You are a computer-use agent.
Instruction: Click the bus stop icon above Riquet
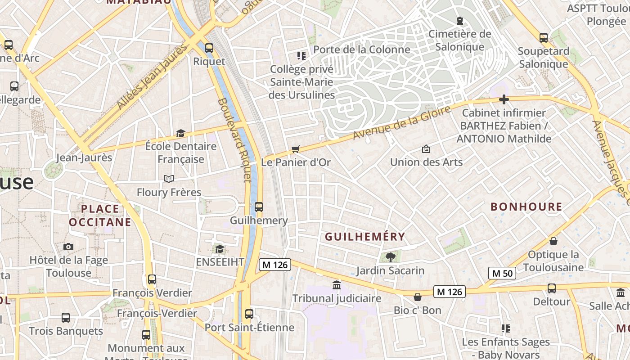point(209,48)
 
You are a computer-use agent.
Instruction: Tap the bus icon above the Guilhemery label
point(258,207)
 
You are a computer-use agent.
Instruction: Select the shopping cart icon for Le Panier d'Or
point(295,149)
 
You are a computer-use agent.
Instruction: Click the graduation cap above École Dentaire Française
point(180,133)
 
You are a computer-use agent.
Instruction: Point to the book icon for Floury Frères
point(169,179)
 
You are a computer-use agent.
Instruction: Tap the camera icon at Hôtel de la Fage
point(68,247)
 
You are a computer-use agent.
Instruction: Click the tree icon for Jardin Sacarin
point(390,257)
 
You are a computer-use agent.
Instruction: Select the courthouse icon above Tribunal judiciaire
point(336,285)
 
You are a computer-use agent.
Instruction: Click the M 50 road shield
point(502,273)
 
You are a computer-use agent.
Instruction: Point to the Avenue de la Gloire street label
point(401,123)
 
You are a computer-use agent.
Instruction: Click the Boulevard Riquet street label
point(234,140)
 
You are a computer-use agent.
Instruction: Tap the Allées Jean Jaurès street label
point(151,76)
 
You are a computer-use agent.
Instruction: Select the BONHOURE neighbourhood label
point(526,207)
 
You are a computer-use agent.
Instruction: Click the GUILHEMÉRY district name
point(365,237)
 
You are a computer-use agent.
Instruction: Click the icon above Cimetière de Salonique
point(459,21)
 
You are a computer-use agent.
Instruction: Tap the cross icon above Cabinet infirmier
point(504,99)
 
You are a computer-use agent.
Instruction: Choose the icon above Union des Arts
point(426,149)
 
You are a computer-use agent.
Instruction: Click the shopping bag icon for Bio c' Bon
point(418,297)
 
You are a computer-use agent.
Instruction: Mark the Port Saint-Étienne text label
point(249,327)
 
